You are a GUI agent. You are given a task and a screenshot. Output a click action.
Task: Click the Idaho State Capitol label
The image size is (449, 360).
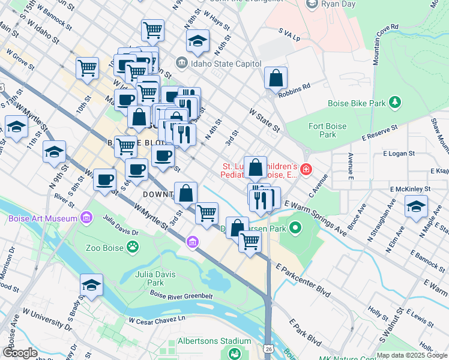[226, 64]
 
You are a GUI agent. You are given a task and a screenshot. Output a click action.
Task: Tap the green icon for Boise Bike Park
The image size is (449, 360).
[394, 103]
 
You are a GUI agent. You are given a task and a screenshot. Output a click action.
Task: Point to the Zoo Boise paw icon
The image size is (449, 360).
[132, 247]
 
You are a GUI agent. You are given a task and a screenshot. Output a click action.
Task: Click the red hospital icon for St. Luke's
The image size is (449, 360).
[306, 170]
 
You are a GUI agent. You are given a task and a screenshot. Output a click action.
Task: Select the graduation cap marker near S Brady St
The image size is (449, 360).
[91, 286]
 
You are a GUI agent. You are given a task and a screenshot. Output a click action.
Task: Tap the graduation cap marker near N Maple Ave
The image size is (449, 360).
[416, 207]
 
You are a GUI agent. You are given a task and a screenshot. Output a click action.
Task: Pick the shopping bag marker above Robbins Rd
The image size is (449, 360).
[276, 78]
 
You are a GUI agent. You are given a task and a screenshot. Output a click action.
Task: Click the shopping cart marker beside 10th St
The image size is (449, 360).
[88, 68]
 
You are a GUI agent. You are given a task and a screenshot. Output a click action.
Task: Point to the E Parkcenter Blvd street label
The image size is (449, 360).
[303, 280]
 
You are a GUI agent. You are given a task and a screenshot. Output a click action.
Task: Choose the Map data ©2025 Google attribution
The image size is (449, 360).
[412, 355]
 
